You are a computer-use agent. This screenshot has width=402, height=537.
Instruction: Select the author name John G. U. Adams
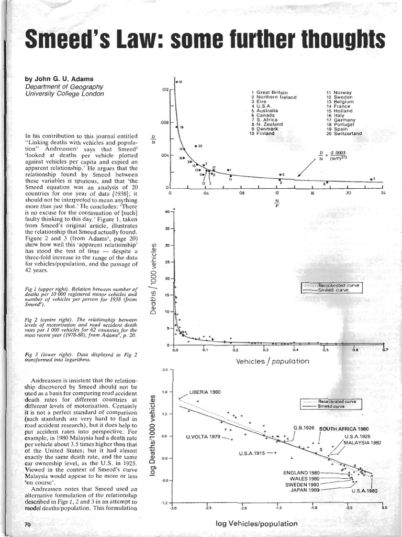point(64,79)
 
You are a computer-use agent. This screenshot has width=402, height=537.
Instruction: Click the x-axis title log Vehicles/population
point(256,523)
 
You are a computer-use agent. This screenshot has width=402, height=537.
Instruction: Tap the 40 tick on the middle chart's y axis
point(167,212)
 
